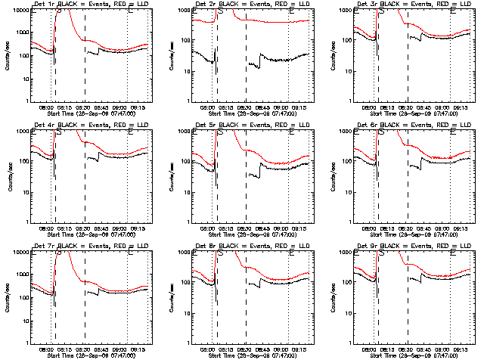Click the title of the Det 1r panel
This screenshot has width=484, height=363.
(x=91, y=4)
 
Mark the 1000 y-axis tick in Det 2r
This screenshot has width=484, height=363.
(x=181, y=10)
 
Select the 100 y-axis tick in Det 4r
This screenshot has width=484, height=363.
(x=20, y=162)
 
